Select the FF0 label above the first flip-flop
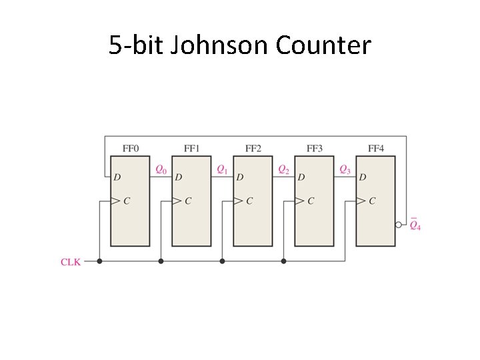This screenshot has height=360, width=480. (x=131, y=148)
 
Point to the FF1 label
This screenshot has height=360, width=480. (x=191, y=148)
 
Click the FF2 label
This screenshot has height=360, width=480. (x=253, y=148)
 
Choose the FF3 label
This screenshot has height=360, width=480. (x=315, y=148)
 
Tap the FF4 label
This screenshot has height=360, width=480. (x=376, y=148)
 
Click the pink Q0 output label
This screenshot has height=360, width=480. (x=161, y=170)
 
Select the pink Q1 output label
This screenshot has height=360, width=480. (x=222, y=170)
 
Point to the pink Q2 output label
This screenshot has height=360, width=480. (x=283, y=170)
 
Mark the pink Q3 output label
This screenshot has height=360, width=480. (x=345, y=170)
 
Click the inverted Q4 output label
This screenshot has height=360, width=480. (x=415, y=225)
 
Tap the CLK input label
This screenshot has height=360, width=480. (x=71, y=262)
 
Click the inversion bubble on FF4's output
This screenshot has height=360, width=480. (x=398, y=225)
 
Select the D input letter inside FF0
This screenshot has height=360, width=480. (x=117, y=177)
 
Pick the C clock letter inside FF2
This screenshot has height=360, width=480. (x=249, y=201)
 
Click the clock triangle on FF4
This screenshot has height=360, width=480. (x=361, y=201)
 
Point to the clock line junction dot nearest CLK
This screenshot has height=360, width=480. (x=99, y=261)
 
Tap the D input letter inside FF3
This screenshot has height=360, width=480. (x=301, y=177)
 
